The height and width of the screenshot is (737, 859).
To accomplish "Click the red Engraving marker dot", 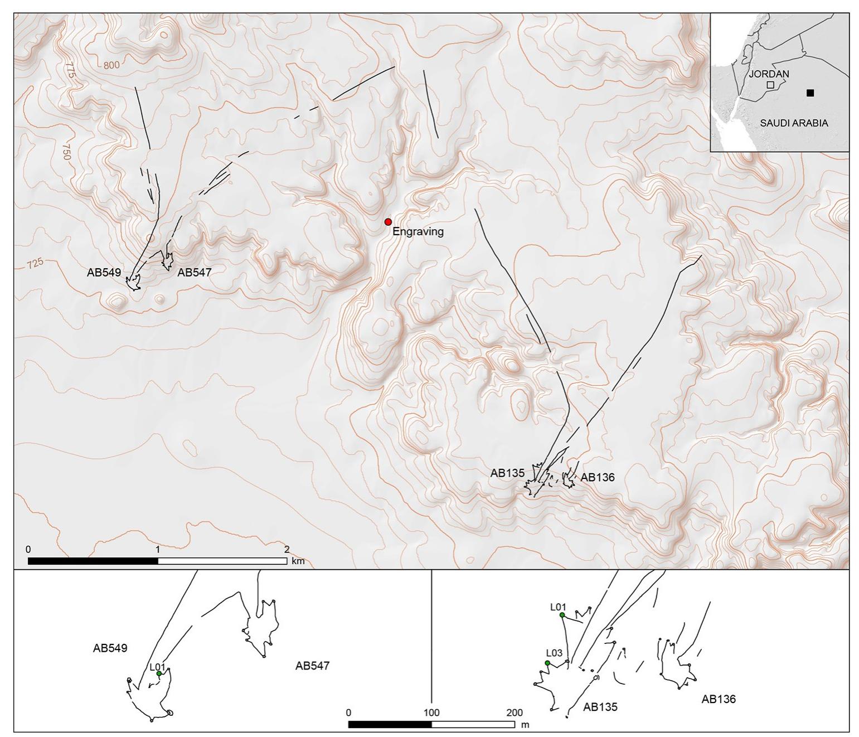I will pos(388,222).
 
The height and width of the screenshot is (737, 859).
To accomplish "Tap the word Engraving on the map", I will pos(418,232).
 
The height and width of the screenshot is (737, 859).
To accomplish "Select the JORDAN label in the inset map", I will pos(769,74).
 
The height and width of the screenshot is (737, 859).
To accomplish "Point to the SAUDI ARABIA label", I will pos(794,123).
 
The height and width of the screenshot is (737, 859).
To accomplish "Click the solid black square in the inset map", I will pos(810,93).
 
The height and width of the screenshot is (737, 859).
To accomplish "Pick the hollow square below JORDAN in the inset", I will pos(770,85).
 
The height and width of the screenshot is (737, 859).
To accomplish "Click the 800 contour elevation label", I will pos(111,65).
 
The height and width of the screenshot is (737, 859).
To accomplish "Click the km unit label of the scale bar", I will pos(298,561).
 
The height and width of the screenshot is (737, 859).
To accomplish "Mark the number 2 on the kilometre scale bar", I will pos(287,550).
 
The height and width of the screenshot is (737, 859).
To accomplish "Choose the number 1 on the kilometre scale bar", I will pos(158,550).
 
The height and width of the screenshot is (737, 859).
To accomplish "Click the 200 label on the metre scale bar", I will pos(514,712).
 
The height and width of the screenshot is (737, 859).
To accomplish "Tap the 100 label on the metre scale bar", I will pos(431,712).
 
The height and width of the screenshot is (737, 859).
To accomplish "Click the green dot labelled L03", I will pos(547,663).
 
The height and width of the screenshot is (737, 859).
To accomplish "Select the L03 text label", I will pos(555,653).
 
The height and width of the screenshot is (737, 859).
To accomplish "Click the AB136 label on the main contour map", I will pos(598,477).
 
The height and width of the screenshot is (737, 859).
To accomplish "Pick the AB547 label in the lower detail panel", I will pos(312,666).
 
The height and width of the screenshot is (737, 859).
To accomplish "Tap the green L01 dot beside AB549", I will pos(159,673).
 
